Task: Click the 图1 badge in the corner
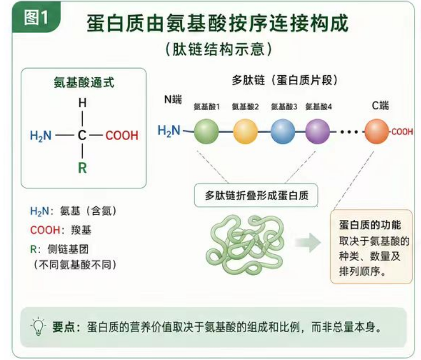point(36,17)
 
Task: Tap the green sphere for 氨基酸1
point(206,132)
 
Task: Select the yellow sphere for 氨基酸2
point(245,132)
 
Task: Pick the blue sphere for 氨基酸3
point(283,132)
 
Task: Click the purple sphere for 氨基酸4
point(318,132)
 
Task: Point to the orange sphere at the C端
point(377,132)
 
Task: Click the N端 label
point(173,100)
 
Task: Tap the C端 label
point(380,106)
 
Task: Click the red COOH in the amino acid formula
point(122,136)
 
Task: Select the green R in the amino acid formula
point(82,168)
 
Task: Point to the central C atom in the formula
point(82,135)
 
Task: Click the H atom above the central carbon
point(82,103)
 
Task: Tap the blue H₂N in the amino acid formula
point(41,136)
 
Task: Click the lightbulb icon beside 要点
point(38,326)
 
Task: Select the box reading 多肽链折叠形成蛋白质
point(256,195)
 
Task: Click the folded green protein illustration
point(244,244)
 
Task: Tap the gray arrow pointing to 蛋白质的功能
point(308,243)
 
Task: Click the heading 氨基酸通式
point(84,82)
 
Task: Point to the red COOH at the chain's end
point(402,132)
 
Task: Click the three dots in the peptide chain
point(349,132)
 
